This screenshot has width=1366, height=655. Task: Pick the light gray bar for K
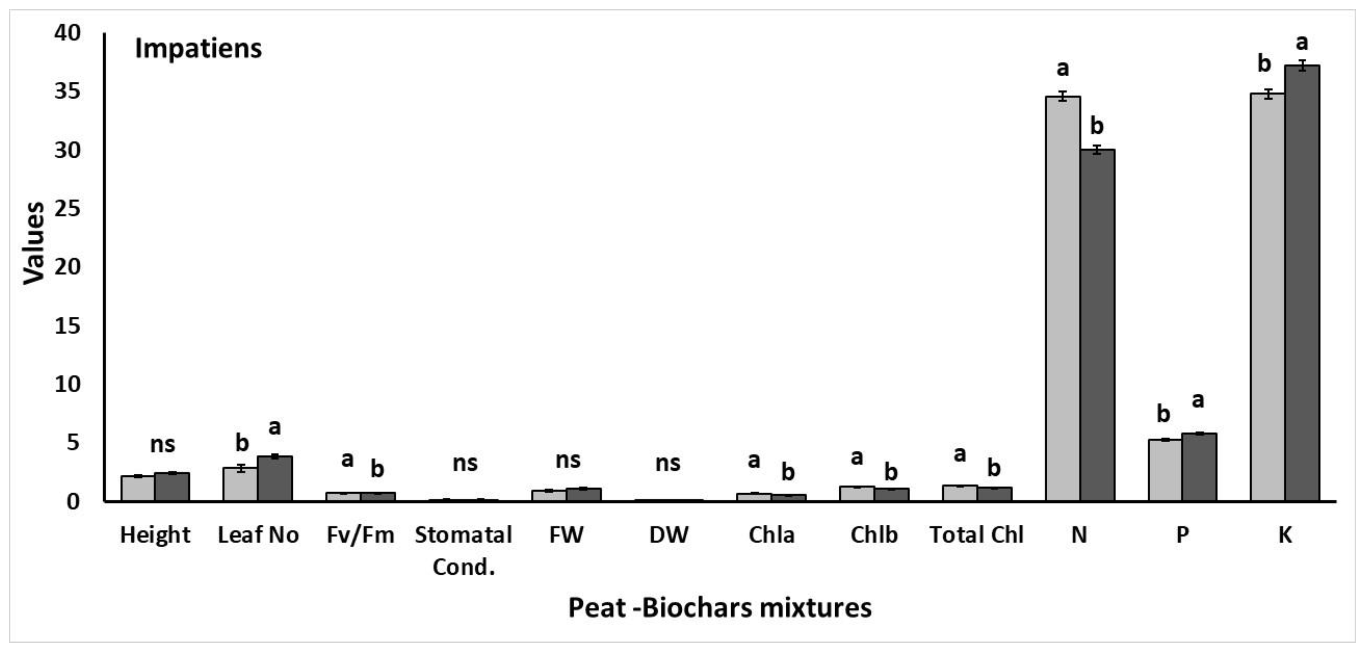tap(1267, 297)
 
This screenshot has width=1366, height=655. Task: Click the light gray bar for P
tap(1165, 470)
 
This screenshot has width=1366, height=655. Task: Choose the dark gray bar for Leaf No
tap(275, 478)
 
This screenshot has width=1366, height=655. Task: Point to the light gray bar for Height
tap(138, 488)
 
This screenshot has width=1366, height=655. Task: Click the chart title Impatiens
tap(198, 48)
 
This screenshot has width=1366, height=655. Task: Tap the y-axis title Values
tap(34, 243)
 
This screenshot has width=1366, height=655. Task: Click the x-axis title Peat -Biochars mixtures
tap(719, 607)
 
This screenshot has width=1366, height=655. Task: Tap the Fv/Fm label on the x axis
tap(360, 535)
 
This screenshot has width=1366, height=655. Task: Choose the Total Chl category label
tap(976, 535)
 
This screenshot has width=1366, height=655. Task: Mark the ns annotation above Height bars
tap(162, 444)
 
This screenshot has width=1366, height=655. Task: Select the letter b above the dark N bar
tap(1097, 126)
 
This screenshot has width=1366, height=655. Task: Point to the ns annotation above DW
tap(668, 463)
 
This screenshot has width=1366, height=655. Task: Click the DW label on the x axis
tap(669, 535)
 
